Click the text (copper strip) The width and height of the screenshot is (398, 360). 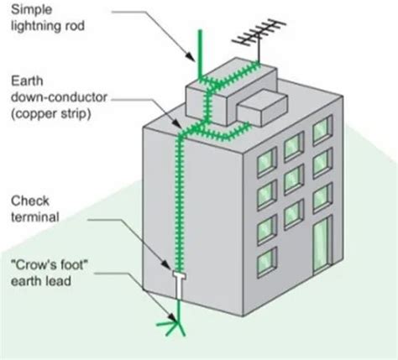click(x=53, y=114)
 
